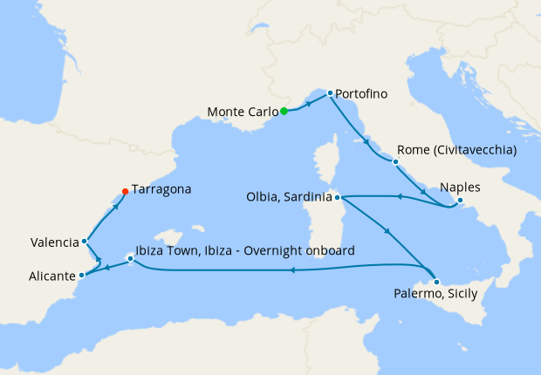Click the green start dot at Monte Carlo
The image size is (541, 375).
[x=284, y=111]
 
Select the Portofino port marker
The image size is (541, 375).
[x=330, y=93]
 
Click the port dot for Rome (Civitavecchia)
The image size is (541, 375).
[x=396, y=162]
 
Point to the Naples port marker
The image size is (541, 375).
[x=460, y=202]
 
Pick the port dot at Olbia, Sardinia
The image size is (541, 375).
[x=338, y=197]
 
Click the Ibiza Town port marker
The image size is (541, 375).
[x=130, y=258]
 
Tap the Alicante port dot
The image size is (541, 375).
[x=83, y=276]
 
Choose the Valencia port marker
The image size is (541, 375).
[x=85, y=242]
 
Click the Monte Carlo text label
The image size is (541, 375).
[x=243, y=112]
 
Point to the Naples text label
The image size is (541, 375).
[x=460, y=187]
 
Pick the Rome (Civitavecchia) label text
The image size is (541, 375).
[x=456, y=150]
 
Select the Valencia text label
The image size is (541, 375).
[x=53, y=242]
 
